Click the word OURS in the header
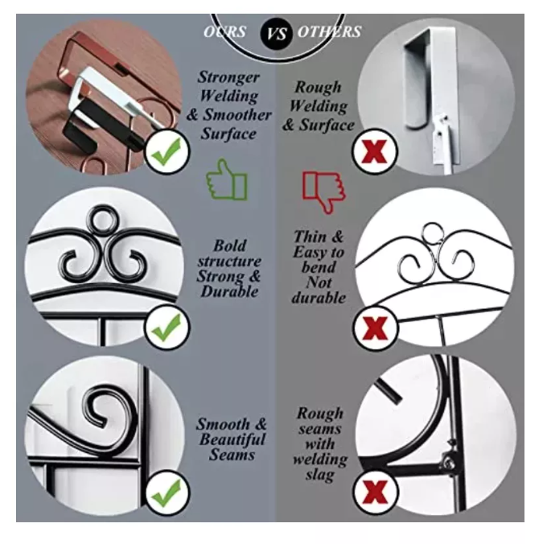point(225,31)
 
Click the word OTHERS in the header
point(329,31)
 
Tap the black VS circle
point(277,34)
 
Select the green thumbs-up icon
point(227,179)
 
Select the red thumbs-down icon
point(323,192)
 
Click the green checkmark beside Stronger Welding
point(167,151)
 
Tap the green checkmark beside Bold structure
point(167,327)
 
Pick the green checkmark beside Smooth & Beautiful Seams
point(167,492)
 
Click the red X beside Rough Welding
point(375,151)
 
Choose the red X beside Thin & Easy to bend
point(375,328)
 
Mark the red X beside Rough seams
point(375,492)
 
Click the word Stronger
point(228,77)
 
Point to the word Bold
point(230,245)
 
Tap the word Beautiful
point(232,439)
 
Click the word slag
point(320,475)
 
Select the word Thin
point(310,237)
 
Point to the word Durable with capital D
point(229,291)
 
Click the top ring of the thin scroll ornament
point(433,233)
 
